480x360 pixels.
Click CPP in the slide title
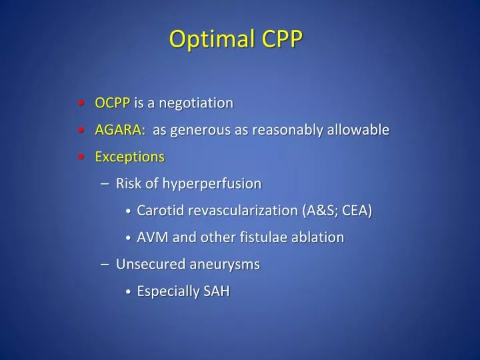282,39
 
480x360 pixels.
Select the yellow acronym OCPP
112,103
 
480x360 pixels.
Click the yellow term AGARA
119,130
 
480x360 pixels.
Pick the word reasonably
291,130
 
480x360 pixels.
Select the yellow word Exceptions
129,157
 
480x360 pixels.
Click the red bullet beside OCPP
80,103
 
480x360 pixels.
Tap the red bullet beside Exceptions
80,157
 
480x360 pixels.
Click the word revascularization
243,211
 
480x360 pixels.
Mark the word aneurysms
224,264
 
